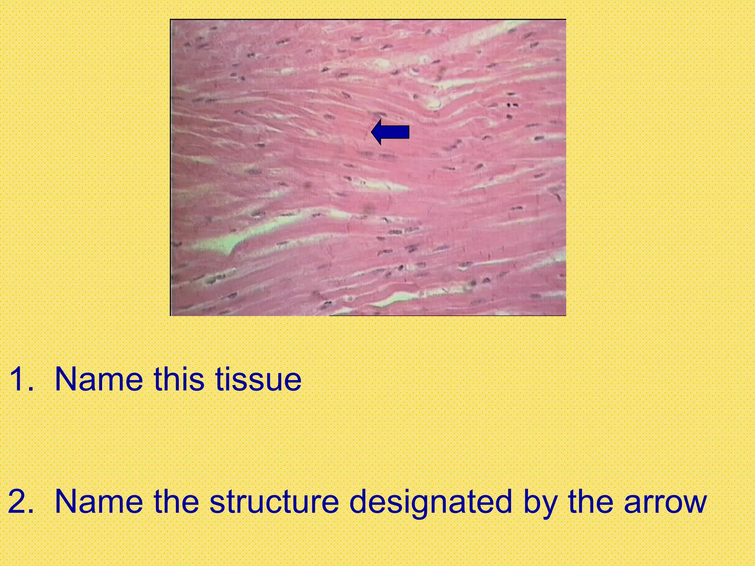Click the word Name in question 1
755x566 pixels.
point(98,379)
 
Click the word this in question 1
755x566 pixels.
point(179,379)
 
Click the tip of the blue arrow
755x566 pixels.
point(372,132)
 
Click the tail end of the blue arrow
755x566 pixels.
point(408,132)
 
